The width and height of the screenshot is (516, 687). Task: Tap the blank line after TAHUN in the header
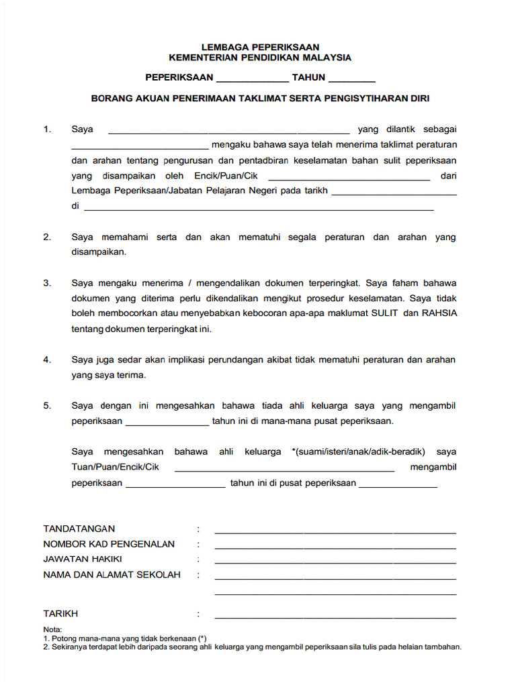pos(351,79)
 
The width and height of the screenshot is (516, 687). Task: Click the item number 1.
pos(47,129)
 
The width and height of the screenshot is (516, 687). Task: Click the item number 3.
pos(47,283)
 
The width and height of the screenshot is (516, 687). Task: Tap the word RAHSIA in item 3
pos(439,313)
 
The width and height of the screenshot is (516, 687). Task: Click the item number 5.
pos(47,406)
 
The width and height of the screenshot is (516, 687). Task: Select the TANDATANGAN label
pos(79,529)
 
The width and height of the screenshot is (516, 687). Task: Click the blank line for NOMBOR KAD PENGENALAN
pos(335,547)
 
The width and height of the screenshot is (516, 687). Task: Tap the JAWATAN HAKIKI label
pos(83,560)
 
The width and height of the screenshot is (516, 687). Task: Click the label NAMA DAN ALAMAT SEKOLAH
pos(112,575)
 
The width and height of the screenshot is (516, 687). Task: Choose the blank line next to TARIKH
pos(335,616)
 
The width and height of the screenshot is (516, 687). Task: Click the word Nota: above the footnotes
pos(52,630)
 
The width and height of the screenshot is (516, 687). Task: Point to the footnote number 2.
pos(46,647)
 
